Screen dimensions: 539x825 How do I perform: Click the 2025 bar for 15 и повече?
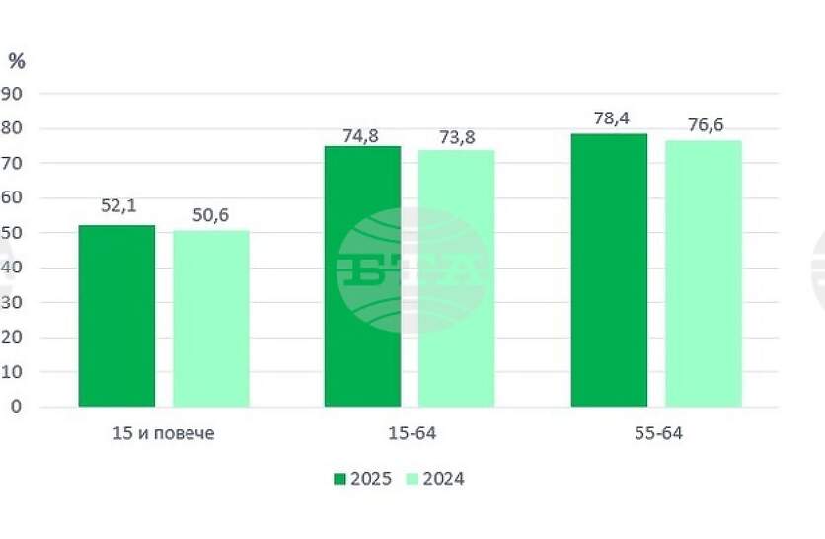click(116, 316)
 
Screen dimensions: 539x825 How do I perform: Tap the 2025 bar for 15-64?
click(362, 276)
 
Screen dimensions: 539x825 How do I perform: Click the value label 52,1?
click(117, 207)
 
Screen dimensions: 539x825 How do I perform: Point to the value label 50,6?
click(210, 213)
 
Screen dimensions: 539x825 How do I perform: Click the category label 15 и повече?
click(164, 434)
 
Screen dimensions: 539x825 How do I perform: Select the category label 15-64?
click(410, 434)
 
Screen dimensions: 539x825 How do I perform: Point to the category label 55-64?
click(656, 434)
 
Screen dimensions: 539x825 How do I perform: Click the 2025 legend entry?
click(363, 479)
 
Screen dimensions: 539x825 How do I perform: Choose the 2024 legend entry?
click(435, 479)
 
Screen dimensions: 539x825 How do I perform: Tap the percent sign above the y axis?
click(17, 61)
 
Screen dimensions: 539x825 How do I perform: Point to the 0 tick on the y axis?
click(16, 407)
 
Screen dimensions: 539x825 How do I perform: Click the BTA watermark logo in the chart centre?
click(412, 269)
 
